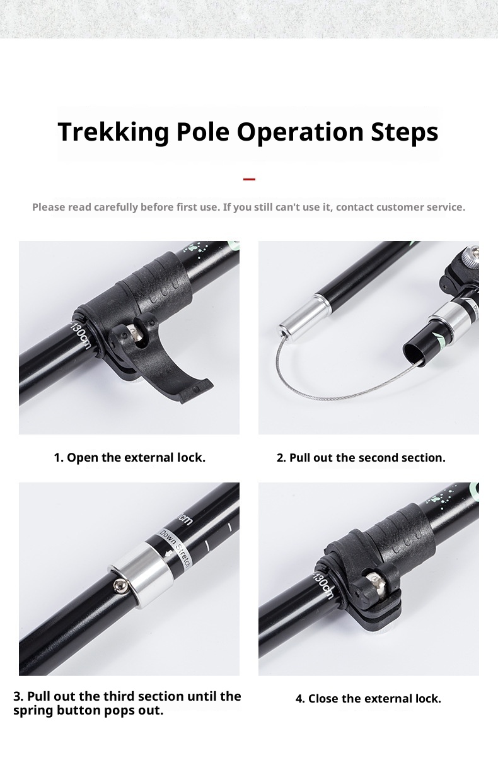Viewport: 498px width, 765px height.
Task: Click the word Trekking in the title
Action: click(113, 132)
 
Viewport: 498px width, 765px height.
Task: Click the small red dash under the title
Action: click(249, 179)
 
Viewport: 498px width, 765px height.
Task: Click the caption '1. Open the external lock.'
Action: click(130, 457)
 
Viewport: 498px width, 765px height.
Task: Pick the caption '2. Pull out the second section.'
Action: click(361, 457)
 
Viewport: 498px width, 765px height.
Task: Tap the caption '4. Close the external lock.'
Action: click(368, 698)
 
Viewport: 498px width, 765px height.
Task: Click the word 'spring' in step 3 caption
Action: click(33, 711)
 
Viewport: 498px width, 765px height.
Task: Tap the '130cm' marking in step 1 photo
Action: click(81, 336)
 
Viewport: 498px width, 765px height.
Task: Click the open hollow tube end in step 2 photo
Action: click(415, 353)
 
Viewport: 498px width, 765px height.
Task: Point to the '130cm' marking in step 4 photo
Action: click(322, 587)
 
